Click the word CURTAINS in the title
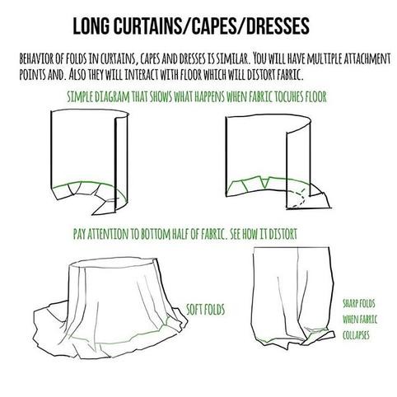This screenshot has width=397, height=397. pyautogui.click(x=147, y=26)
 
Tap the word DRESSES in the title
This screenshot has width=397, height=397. pyautogui.click(x=278, y=26)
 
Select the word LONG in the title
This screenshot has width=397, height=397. pyautogui.click(x=91, y=26)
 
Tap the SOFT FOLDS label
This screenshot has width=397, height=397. pyautogui.click(x=205, y=310)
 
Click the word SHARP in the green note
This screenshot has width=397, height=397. pyautogui.click(x=350, y=304)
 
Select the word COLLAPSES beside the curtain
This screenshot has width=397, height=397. pyautogui.click(x=356, y=335)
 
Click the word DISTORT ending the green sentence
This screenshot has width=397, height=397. pyautogui.click(x=283, y=234)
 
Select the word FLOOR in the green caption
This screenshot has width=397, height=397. pyautogui.click(x=315, y=96)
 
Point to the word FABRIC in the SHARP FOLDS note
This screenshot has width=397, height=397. pyautogui.click(x=367, y=320)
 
